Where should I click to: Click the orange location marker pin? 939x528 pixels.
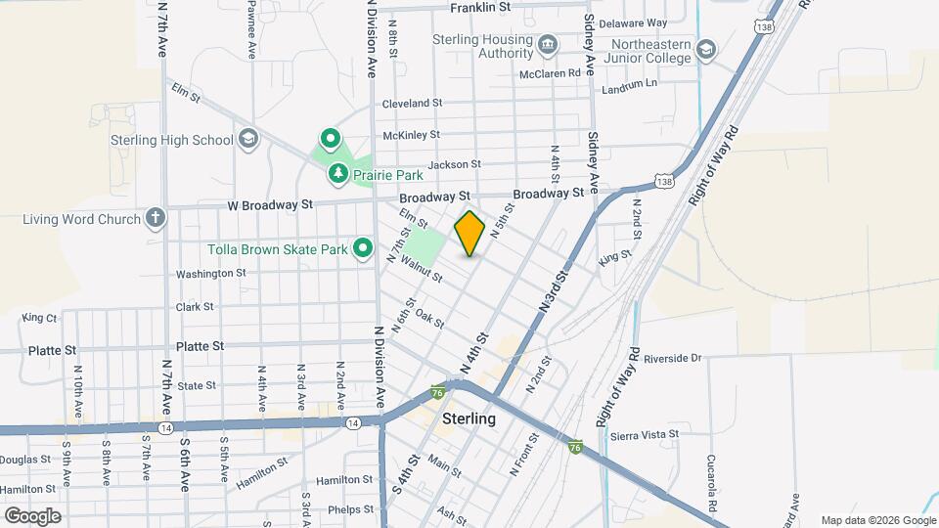coord(470,234)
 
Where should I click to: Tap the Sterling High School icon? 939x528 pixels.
coord(247,139)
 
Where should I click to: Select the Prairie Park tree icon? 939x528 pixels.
coord(338,174)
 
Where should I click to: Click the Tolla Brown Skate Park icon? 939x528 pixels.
coord(364,249)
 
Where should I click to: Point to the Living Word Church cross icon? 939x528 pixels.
coord(156,218)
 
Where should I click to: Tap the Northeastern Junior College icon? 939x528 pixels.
coord(706,49)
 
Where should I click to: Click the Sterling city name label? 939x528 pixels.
coord(469,418)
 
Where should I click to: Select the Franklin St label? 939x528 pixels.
coord(480,8)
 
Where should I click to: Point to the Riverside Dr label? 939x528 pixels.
coord(669,359)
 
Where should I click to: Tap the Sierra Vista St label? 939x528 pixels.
coord(645,434)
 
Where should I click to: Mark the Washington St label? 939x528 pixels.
coord(211,274)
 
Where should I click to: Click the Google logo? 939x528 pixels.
coord(32,515)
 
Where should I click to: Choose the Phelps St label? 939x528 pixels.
coord(351,508)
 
